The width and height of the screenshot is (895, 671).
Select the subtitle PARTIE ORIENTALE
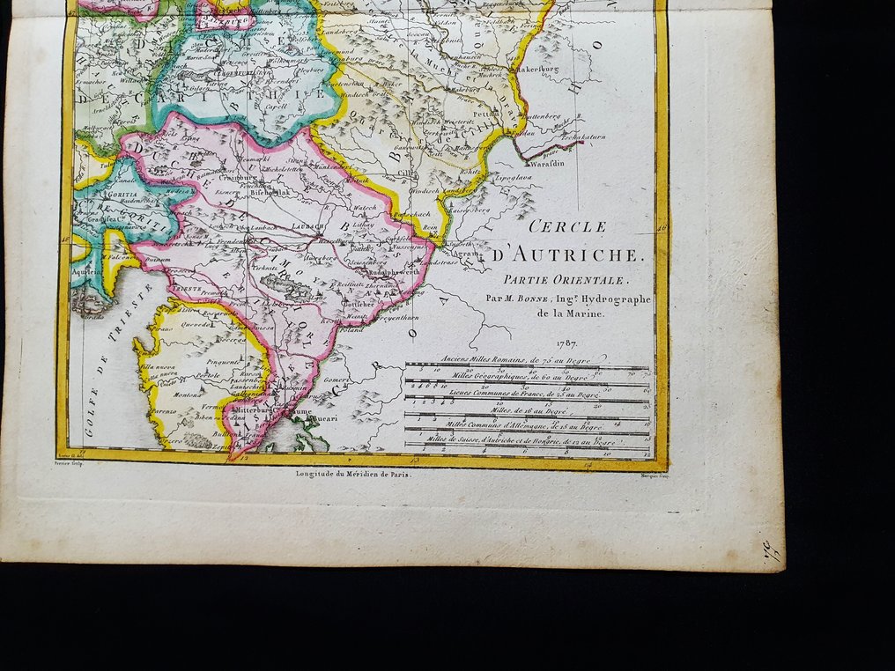coord(561,280)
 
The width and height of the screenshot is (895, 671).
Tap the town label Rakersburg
coord(539,67)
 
